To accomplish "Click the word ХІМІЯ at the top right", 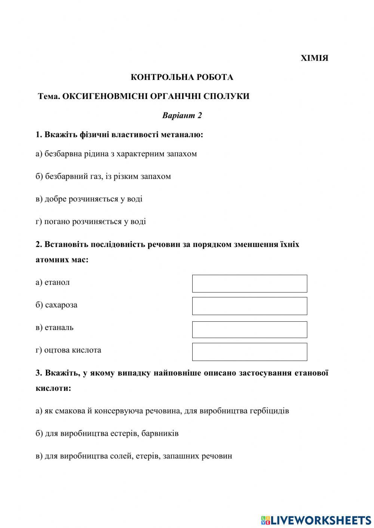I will (315, 58).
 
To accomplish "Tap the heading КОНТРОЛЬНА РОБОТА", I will (182, 77).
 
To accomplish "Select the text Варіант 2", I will (182, 115).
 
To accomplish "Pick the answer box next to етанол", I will (249, 284).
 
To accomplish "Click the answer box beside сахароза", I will (249, 306).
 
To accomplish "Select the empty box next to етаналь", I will (249, 330).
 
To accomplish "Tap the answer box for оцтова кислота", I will (249, 352).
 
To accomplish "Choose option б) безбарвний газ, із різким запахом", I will (103, 176).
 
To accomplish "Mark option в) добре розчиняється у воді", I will (89, 199).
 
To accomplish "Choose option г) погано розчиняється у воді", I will (91, 222).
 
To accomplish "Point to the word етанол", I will (57, 282).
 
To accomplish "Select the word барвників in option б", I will (161, 433).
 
